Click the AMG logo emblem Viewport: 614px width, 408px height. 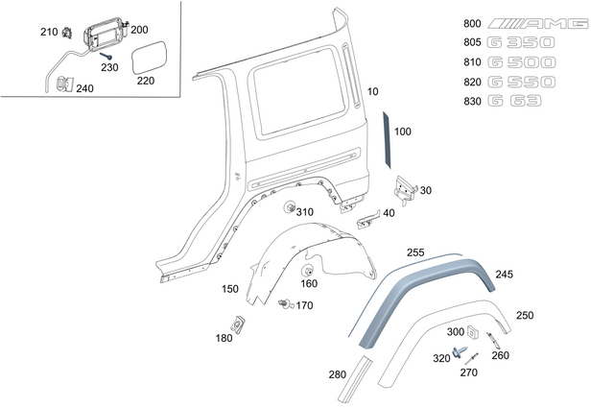pyautogui.click(x=537, y=23)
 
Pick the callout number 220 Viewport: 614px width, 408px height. pyautogui.click(x=145, y=82)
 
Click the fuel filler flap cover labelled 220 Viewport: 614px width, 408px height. pyautogui.click(x=150, y=58)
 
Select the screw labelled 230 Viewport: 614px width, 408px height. pyautogui.click(x=100, y=57)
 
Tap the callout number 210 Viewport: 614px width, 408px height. pyautogui.click(x=49, y=33)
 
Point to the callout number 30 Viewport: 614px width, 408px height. pyautogui.click(x=425, y=190)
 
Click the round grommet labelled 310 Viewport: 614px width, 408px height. pyautogui.click(x=288, y=209)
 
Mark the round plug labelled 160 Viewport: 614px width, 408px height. pyautogui.click(x=310, y=269)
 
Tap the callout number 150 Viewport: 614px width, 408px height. pyautogui.click(x=230, y=289)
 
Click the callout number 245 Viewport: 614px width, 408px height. pyautogui.click(x=504, y=275)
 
